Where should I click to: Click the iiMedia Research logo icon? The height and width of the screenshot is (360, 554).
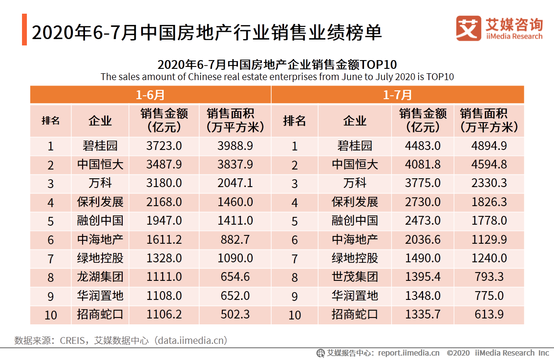click(x=468, y=28)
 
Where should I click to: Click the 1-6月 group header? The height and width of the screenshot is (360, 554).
click(x=150, y=95)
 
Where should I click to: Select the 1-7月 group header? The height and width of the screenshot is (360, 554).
click(x=397, y=95)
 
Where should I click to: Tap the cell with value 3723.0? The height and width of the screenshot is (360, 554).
click(x=164, y=146)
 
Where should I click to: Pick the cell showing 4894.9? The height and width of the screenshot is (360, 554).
click(x=489, y=146)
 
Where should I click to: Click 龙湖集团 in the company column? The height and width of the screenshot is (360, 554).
click(x=100, y=277)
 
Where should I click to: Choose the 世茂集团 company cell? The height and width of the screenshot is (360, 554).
click(x=355, y=277)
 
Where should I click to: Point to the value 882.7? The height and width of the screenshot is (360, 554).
click(x=235, y=240)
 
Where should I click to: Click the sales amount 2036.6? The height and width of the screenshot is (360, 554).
click(x=423, y=240)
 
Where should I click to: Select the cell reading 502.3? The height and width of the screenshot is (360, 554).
click(x=235, y=315)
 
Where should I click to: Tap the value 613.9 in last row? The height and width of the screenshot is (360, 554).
click(x=489, y=315)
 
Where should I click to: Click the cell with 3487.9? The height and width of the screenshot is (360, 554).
click(x=164, y=165)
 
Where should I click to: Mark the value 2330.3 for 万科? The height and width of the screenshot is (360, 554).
click(x=489, y=184)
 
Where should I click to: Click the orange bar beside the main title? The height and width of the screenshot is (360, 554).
click(x=24, y=30)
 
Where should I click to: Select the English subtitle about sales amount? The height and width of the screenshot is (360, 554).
click(x=277, y=77)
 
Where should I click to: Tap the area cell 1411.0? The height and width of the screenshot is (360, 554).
click(x=235, y=221)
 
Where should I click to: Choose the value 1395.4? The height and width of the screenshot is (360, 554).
click(x=423, y=277)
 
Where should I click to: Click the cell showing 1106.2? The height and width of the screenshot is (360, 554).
click(x=164, y=315)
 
